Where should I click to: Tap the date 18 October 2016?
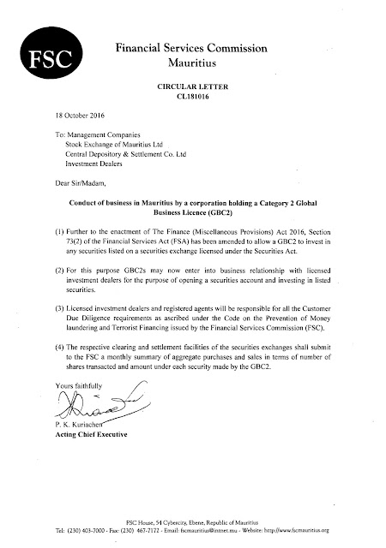point(66,116)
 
